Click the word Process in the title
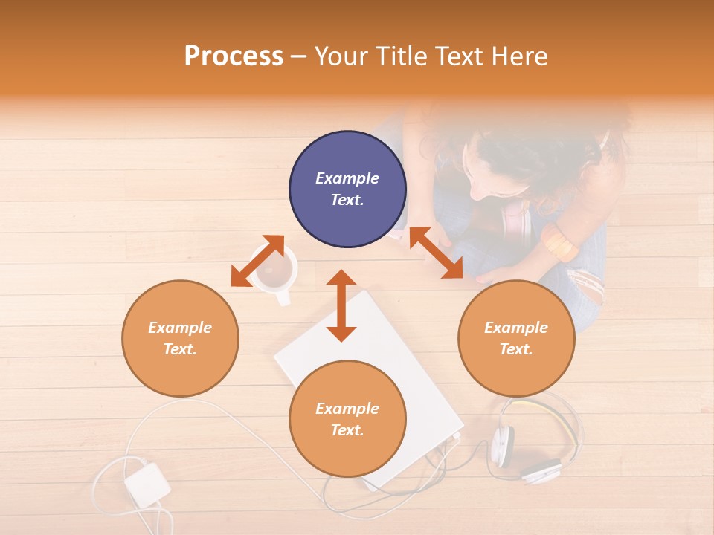pos(234,56)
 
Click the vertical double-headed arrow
pos(341,306)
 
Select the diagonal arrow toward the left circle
pos(257,261)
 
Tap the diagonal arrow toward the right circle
pos(436,253)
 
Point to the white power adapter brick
pos(147,484)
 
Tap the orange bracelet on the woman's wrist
pos(559,244)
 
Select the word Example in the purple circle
pos(347,178)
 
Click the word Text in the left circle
pos(180,349)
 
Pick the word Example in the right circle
pos(516,328)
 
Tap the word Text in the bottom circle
pos(347,430)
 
